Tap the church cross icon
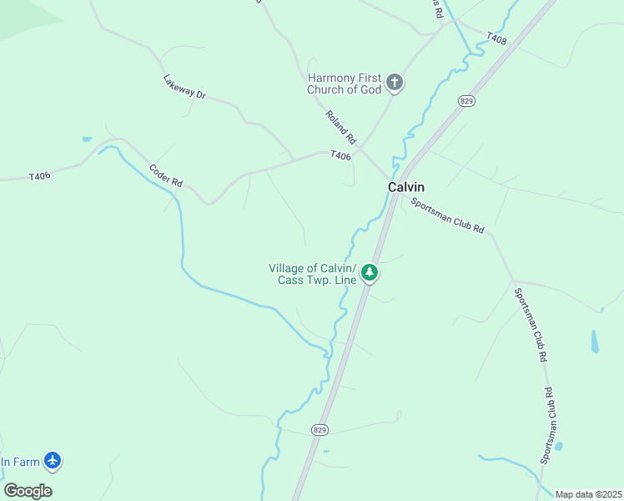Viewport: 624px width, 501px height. point(395,83)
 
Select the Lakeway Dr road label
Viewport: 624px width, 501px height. point(184,87)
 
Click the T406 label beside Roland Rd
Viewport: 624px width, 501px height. point(340,155)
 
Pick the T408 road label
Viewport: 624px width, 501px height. point(496,38)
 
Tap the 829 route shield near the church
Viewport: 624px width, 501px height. point(466,100)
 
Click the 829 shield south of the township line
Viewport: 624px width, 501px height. point(320,429)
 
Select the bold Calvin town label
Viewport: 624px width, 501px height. point(406,187)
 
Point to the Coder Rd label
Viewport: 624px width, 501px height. point(166,174)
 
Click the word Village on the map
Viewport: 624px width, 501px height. point(286,268)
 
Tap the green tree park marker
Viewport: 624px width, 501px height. point(369,273)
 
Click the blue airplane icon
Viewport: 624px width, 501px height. point(53,460)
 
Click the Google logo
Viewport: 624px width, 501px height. point(28,491)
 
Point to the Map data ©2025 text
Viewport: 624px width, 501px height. point(589,494)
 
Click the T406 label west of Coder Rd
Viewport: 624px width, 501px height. point(40,176)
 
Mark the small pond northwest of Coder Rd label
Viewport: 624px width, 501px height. point(87,139)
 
